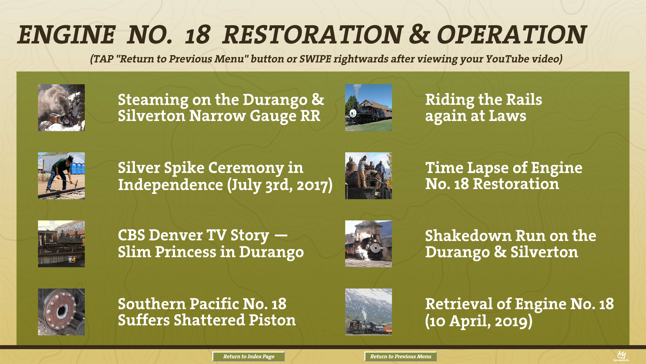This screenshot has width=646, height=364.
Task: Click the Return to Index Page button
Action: coord(249,357)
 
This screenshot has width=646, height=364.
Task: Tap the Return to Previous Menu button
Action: coord(400,357)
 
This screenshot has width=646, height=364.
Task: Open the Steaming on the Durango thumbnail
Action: coord(61,108)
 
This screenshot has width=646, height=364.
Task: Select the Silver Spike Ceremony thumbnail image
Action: coord(61,176)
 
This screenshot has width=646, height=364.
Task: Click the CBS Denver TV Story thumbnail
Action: coord(61,244)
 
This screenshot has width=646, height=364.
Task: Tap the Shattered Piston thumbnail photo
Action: coord(61,312)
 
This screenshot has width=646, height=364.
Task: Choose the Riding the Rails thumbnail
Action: coord(368,108)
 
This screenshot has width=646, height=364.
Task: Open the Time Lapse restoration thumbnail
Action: coord(368,176)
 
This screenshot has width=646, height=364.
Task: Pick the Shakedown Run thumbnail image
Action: coord(368,244)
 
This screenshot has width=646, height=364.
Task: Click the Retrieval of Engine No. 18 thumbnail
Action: coord(368,312)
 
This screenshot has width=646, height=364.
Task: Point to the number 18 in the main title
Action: coord(198,35)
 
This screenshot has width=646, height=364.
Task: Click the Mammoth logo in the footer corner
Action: coord(621,356)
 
